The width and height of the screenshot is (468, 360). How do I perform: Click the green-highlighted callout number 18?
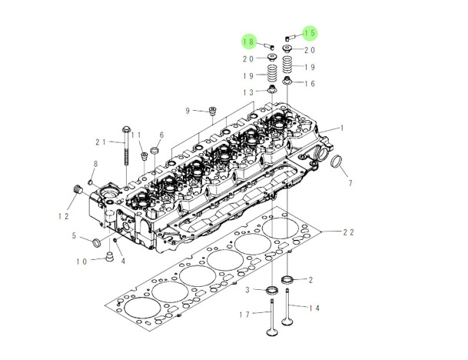249,42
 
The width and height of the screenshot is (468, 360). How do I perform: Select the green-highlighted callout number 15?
310,32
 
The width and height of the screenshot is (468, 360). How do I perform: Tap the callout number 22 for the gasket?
348,232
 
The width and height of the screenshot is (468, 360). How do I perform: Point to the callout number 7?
350,183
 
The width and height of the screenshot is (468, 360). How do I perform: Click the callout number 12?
64,216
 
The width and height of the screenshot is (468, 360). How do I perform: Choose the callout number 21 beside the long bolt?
101,142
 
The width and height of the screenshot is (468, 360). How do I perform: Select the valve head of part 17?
271,332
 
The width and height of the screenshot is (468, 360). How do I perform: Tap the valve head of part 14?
287,322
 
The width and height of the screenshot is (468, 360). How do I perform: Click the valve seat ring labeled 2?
288,280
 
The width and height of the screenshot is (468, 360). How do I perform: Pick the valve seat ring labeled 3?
272,289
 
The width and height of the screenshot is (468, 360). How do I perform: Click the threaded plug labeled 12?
78,189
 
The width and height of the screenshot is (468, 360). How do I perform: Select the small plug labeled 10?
110,256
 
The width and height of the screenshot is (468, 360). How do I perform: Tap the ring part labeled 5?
97,242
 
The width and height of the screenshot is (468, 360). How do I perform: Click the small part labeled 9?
212,111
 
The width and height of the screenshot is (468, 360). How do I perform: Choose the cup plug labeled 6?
154,150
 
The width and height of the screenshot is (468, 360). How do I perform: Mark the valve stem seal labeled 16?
287,80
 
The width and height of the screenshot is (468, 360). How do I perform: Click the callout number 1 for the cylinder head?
342,128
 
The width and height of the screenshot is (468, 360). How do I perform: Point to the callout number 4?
123,261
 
